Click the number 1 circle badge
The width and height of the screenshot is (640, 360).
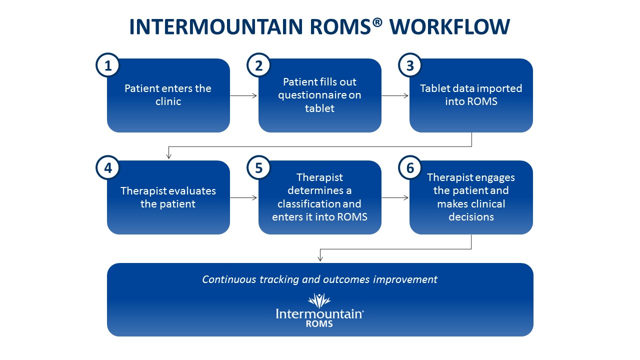107,66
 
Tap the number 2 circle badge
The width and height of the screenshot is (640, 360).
259,66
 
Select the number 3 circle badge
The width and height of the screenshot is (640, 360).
410,66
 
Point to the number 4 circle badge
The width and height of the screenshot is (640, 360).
107,168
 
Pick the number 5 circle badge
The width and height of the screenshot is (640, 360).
259,168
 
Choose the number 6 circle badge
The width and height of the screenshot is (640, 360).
410,168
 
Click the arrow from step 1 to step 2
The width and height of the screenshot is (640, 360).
244,95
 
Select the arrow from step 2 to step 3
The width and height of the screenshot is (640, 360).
395,95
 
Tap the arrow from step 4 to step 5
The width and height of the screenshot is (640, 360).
244,198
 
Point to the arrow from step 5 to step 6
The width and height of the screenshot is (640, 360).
395,198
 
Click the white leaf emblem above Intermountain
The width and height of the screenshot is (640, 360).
319,300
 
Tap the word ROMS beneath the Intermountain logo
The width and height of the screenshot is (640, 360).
319,323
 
